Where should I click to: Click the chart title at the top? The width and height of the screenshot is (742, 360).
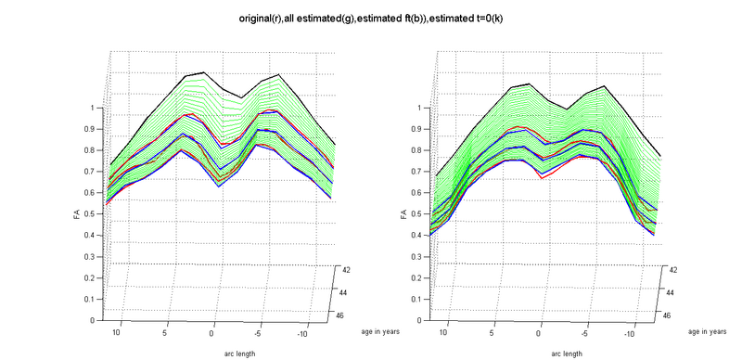point(371,18)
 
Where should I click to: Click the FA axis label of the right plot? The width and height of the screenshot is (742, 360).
point(402,214)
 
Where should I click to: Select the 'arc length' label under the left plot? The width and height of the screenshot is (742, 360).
point(212,353)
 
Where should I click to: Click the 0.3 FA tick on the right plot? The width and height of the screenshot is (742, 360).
point(419,256)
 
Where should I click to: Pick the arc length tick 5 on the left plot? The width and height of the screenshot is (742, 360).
point(164,331)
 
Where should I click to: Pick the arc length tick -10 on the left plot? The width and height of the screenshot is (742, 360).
point(303,331)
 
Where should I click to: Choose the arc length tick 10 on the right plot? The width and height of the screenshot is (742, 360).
point(442,331)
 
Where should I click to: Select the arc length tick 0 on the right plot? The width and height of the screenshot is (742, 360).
point(537,331)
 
